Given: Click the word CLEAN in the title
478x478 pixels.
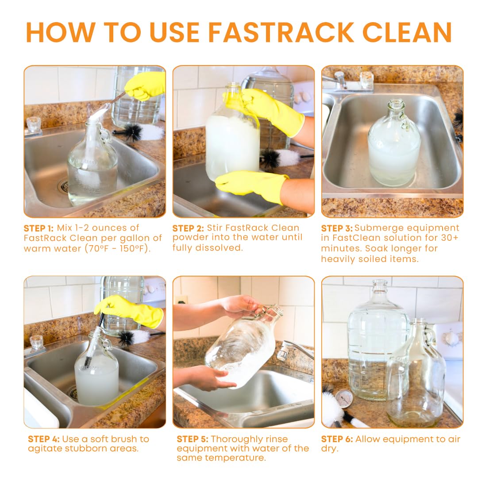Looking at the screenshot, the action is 407,32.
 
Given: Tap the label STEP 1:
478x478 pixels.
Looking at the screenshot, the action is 39,228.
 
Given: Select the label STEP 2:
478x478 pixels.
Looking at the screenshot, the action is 188,228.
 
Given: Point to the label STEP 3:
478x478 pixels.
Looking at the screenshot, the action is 336,228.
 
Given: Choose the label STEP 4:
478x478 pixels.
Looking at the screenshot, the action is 43,439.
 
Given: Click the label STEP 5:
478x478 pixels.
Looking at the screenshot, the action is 193,439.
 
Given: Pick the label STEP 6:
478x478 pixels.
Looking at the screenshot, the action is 337,439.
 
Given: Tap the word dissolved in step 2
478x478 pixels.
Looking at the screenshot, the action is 219,248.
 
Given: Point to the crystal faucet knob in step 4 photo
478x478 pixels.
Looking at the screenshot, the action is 36,343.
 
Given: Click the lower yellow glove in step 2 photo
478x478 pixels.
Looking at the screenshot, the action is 251,186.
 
